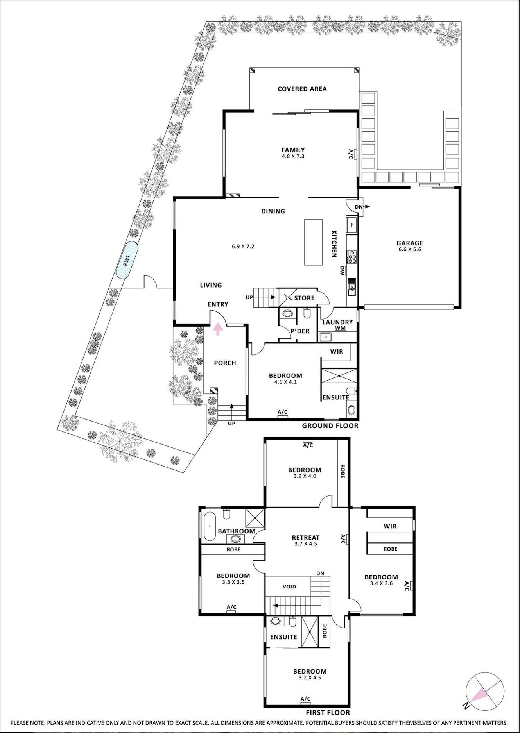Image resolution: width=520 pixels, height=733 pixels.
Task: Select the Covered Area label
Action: [x=302, y=89]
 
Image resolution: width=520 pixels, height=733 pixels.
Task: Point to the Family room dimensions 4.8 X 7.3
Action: [x=293, y=156]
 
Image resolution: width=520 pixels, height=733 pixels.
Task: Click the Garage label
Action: [x=410, y=243]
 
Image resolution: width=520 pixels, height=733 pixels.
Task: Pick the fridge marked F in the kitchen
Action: [x=351, y=225]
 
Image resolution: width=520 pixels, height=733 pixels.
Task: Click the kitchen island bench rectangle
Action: [x=314, y=242]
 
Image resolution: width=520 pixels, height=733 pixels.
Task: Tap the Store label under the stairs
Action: [x=304, y=298]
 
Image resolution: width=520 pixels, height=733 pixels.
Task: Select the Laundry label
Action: [x=338, y=322]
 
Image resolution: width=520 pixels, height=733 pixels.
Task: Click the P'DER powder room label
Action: [x=300, y=331]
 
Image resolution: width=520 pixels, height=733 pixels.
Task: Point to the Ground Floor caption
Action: [x=330, y=425]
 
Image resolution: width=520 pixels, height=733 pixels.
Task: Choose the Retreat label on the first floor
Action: [x=306, y=538]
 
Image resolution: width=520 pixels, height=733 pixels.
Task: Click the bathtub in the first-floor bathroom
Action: [x=209, y=526]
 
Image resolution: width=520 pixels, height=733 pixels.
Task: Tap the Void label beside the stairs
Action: [x=289, y=586]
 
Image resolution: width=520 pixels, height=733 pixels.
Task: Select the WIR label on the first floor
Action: [x=390, y=526]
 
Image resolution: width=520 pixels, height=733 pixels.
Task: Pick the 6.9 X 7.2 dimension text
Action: [x=243, y=247]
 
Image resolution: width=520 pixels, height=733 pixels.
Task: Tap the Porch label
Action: [x=225, y=363]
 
